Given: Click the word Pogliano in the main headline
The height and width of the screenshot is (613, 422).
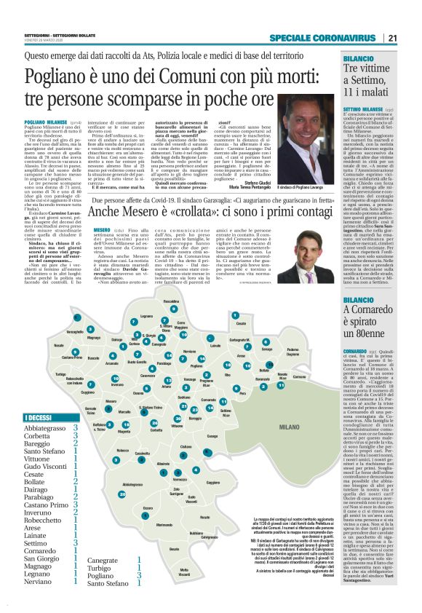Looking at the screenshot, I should coord(57,76).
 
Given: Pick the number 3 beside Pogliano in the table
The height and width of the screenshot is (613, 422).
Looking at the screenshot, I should coord(138,574).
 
